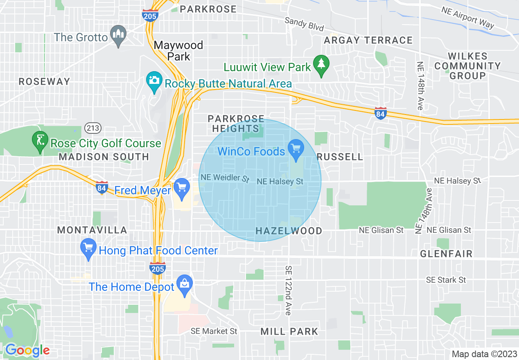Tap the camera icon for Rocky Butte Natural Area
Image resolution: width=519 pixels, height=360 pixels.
154,80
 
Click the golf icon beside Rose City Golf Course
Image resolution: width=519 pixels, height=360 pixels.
40,141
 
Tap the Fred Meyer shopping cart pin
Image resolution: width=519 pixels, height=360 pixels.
181,188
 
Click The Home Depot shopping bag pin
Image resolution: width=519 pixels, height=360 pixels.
185,283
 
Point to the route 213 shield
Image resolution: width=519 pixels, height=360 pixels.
93,128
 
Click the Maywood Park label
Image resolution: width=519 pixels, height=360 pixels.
178,51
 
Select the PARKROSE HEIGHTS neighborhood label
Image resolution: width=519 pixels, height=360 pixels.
236,124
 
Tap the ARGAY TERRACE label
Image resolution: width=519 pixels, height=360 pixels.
368,40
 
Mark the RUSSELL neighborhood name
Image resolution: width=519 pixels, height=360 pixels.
340,157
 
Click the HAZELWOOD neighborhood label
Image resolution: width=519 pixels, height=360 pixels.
289,231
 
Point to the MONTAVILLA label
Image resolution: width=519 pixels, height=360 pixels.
92,230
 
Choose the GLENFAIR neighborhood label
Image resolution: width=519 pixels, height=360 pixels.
446,254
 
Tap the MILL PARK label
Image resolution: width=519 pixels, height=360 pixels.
289,331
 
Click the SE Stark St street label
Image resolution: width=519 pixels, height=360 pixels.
446,280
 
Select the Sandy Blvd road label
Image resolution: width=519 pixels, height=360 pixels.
304,24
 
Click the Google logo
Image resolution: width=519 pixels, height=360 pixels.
27,350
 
